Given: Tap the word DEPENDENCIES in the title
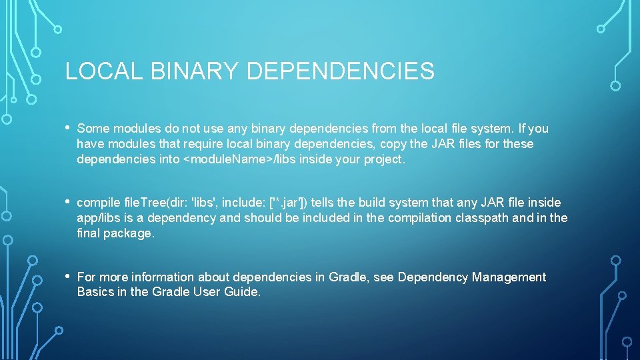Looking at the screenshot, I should [x=340, y=71].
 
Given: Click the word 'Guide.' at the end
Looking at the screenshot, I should [x=243, y=292].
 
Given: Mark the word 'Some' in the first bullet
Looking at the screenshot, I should [x=92, y=129].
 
